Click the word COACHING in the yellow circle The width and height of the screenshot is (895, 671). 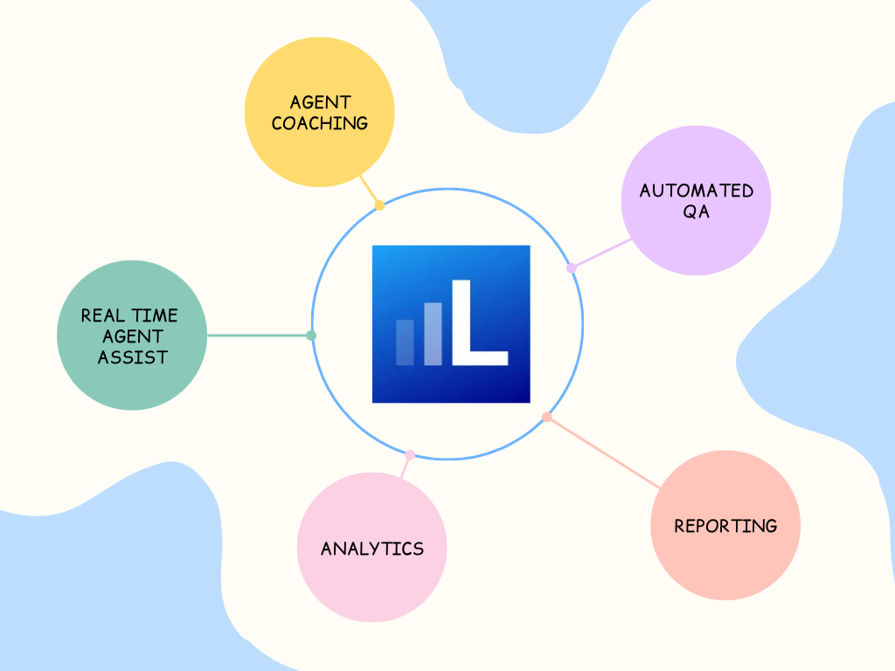(x=319, y=123)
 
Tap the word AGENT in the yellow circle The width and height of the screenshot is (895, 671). (x=320, y=103)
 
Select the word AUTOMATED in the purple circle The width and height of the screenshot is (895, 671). (x=696, y=190)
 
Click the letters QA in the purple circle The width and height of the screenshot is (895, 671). (x=697, y=211)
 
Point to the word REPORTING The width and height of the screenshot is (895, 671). (x=725, y=526)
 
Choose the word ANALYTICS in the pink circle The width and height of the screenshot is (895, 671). (x=372, y=549)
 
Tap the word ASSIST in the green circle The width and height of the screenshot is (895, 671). (x=132, y=356)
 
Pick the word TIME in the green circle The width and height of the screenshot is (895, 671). (x=155, y=315)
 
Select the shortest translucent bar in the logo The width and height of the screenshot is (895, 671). (x=405, y=342)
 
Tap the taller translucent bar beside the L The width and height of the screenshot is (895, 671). (x=433, y=334)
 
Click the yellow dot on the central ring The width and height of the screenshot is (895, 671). (x=379, y=206)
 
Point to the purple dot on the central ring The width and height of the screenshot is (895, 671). (x=572, y=268)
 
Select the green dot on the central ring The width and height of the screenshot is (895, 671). (x=311, y=335)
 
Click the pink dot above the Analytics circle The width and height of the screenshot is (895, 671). (x=410, y=454)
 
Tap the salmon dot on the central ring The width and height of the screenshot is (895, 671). (x=547, y=418)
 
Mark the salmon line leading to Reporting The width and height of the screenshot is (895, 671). (x=603, y=453)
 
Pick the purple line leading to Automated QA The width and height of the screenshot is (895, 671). (x=601, y=253)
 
